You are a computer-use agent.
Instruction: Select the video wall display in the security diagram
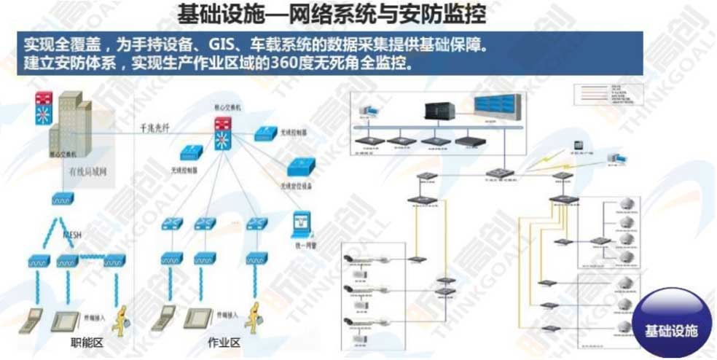[x=497, y=108]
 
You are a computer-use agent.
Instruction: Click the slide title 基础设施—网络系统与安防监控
[x=332, y=15]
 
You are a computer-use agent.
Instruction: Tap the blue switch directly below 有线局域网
[x=60, y=198]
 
